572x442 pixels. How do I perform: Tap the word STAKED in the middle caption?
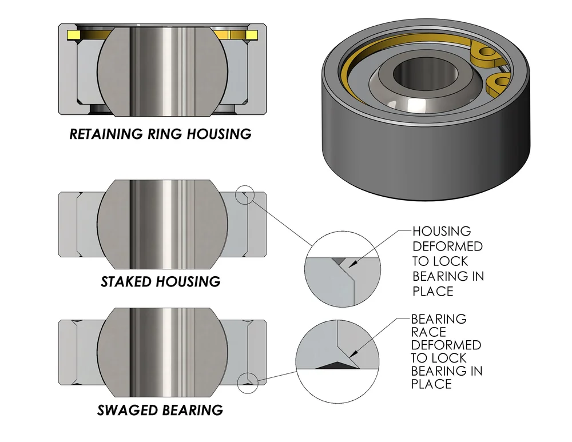(126, 281)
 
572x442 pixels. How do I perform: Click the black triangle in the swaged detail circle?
(334, 364)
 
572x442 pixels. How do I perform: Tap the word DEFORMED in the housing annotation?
(447, 246)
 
